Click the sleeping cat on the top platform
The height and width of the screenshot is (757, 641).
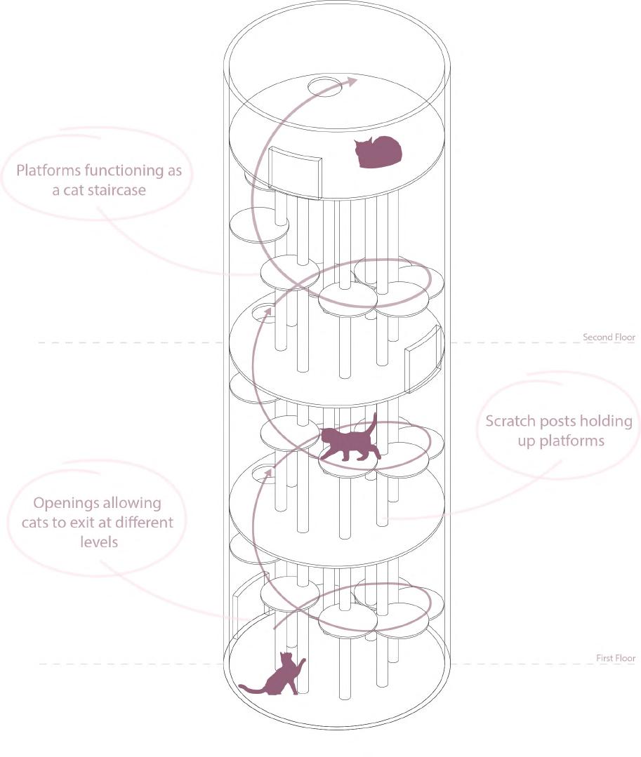click(378, 152)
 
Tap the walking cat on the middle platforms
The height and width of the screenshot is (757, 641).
click(348, 443)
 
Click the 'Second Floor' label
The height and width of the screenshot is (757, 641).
click(609, 337)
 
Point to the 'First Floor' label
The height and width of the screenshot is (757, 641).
click(615, 658)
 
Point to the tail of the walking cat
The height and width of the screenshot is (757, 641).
click(374, 422)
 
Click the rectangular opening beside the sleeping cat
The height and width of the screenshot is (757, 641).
click(295, 172)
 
